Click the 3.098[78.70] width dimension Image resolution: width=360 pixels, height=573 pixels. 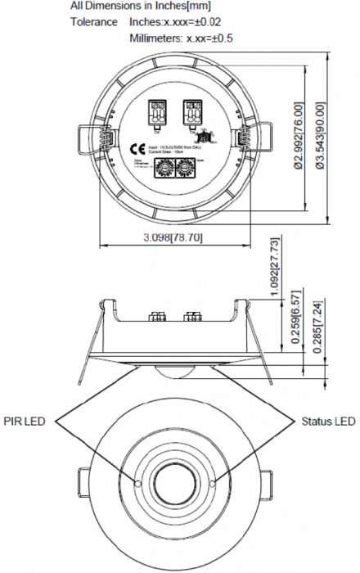point(161,237)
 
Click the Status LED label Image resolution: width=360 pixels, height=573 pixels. point(328,422)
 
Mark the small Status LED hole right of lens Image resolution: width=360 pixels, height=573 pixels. point(211,483)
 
